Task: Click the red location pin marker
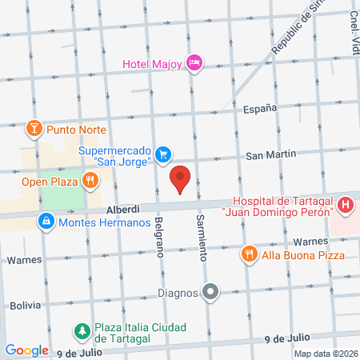pos(181,179)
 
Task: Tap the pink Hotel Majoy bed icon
pos(194,62)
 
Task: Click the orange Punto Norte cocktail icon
pos(34,129)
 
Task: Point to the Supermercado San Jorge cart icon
pos(163,154)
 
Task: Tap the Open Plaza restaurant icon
pos(90,180)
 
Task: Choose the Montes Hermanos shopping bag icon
pos(47,221)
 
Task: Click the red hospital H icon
pos(345,206)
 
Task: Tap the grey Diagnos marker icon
pos(210,292)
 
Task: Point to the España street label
pos(261,108)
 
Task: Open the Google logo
pos(26,350)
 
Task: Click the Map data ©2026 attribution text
pos(324,354)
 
